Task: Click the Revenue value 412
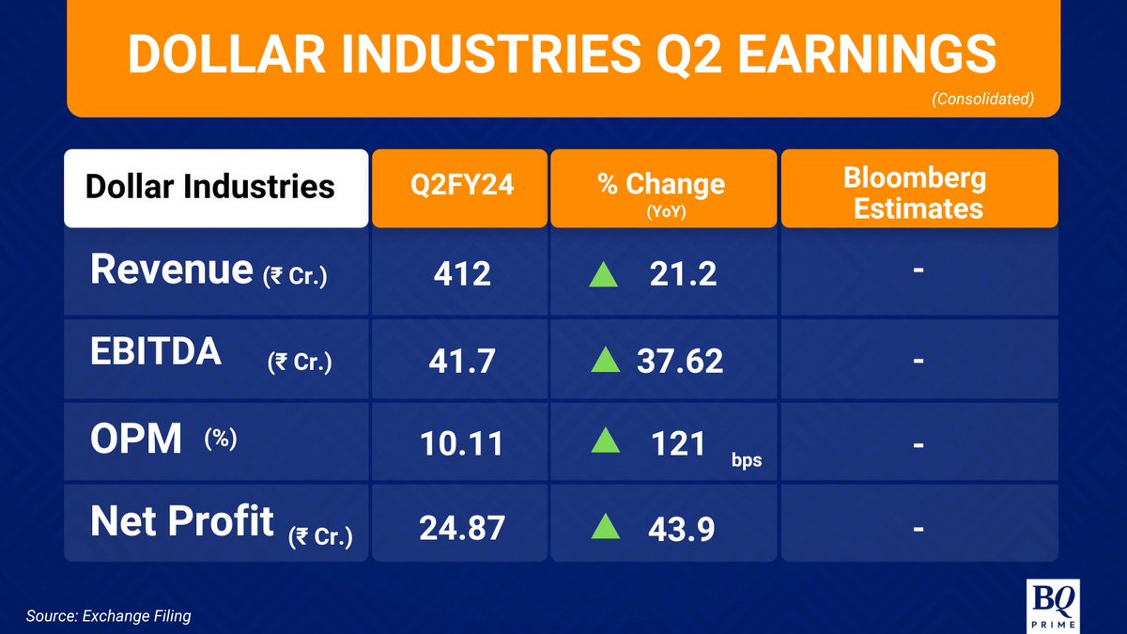click(x=461, y=274)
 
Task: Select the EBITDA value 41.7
click(x=461, y=361)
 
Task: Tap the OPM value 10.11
click(x=461, y=443)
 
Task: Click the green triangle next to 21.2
click(x=605, y=273)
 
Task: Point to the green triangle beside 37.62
click(x=605, y=360)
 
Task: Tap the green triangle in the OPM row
click(x=605, y=442)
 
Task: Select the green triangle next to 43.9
click(x=605, y=527)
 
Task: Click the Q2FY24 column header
click(x=461, y=185)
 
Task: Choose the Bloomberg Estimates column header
click(x=919, y=193)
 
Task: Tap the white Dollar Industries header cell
click(x=210, y=186)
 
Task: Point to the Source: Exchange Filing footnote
click(x=108, y=616)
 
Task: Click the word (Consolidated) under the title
click(x=982, y=99)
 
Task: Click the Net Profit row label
click(x=182, y=521)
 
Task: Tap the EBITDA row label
click(x=156, y=352)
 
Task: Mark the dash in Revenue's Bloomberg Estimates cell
click(x=919, y=271)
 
